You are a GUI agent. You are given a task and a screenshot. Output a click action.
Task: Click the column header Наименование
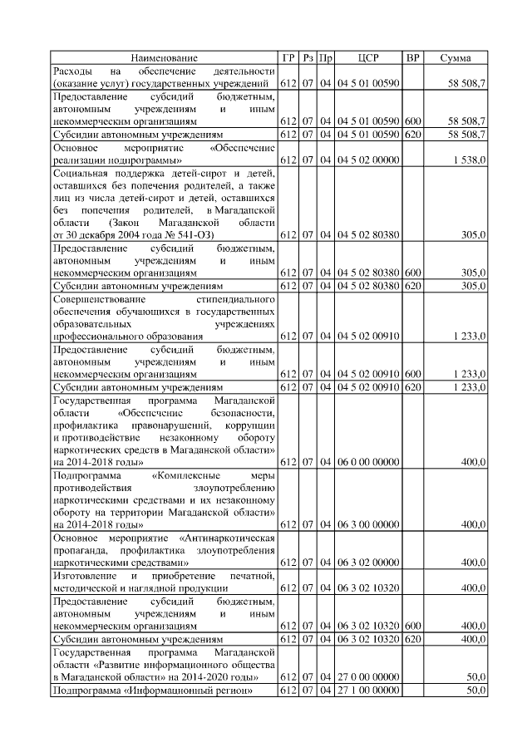(164, 57)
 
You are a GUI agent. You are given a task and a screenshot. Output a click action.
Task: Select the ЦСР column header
(368, 57)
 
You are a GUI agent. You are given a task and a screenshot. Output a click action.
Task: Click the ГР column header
(288, 57)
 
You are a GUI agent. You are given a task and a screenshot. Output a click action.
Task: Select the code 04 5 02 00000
(368, 160)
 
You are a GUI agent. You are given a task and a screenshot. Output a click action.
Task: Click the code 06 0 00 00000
(368, 461)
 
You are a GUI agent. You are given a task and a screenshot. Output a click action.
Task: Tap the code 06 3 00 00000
(368, 524)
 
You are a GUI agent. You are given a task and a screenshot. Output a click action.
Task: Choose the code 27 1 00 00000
(368, 691)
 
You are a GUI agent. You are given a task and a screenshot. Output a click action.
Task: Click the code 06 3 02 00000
(368, 563)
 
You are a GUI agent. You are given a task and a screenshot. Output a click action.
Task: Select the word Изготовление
(83, 576)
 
